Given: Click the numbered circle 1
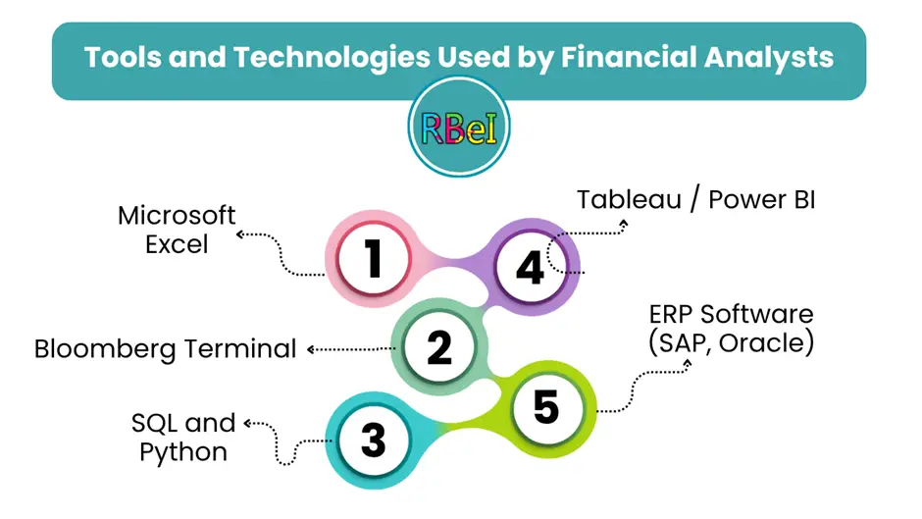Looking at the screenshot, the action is point(374,258).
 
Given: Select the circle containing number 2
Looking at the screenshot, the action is point(439,346).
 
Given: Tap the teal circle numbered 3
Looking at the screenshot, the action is point(374,441).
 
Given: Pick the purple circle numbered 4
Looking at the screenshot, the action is point(531,267).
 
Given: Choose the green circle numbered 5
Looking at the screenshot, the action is point(547,407).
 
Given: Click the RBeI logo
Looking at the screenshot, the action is point(459,127).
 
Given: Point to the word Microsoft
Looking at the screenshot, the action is point(177,216).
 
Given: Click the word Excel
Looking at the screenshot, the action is point(177,244).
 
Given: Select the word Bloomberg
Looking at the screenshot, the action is point(105,349).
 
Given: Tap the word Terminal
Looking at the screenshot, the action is point(240,348).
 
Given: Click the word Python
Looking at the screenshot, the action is point(183,452).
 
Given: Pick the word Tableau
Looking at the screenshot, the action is point(629,199).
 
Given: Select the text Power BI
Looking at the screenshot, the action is point(761,199).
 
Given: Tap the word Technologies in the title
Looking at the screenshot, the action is point(332,57).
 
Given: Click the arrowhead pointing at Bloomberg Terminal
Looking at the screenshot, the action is point(311,349).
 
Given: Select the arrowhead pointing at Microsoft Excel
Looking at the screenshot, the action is point(240,234).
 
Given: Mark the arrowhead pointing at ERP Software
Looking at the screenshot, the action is point(688,364).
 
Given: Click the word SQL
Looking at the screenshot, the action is point(155,423).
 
